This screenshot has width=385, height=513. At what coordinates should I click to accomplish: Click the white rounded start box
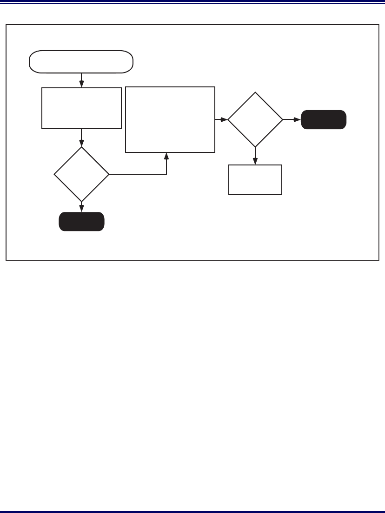pyautogui.click(x=81, y=62)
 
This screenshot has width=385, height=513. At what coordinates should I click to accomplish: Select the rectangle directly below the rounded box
pyautogui.click(x=81, y=108)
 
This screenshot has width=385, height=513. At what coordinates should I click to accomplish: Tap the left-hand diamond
pyautogui.click(x=81, y=174)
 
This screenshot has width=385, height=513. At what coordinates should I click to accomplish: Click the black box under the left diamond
pyautogui.click(x=81, y=222)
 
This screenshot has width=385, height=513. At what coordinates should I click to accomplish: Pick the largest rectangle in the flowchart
pyautogui.click(x=170, y=119)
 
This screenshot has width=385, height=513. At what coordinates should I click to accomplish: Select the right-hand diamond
pyautogui.click(x=255, y=119)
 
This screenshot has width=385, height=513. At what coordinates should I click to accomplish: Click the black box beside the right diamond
pyautogui.click(x=324, y=119)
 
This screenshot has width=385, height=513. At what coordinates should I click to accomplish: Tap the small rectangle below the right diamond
pyautogui.click(x=255, y=180)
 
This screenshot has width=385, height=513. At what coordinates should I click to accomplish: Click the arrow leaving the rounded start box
pyautogui.click(x=81, y=80)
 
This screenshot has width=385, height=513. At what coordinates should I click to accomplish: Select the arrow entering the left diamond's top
pyautogui.click(x=81, y=138)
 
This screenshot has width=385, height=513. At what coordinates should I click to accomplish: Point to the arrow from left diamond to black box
pyautogui.click(x=81, y=207)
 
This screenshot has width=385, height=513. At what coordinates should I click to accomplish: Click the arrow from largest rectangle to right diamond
pyautogui.click(x=221, y=119)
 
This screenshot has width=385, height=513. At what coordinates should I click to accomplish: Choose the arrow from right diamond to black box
pyautogui.click(x=292, y=119)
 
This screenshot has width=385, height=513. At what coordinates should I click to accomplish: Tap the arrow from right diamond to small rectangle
pyautogui.click(x=255, y=156)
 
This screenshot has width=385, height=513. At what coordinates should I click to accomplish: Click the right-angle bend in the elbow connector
pyautogui.click(x=166, y=174)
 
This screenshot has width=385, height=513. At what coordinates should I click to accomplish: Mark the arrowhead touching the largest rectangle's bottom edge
pyautogui.click(x=166, y=156)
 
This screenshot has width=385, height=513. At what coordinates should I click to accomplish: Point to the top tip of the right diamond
pyautogui.click(x=255, y=92)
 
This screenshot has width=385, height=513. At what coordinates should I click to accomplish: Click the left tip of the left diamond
pyautogui.click(x=54, y=174)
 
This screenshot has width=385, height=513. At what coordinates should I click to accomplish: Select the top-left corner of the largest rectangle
pyautogui.click(x=126, y=87)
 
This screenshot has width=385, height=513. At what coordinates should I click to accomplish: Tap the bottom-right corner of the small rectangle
pyautogui.click(x=282, y=194)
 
